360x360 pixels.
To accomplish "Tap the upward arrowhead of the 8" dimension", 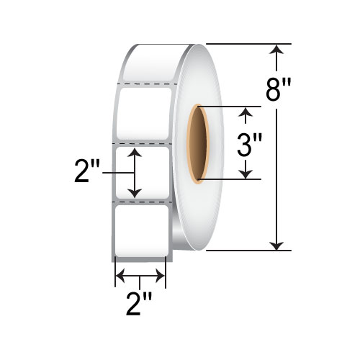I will (x=276, y=50).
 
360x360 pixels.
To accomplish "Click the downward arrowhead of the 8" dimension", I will (x=276, y=245).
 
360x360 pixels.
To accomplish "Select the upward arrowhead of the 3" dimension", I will (x=248, y=112).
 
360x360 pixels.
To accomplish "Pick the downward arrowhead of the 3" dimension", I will (x=248, y=173).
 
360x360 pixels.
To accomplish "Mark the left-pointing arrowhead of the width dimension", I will (x=121, y=275).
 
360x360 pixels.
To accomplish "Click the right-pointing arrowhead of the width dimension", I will (x=162, y=275).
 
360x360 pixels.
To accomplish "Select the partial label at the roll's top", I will (x=148, y=63).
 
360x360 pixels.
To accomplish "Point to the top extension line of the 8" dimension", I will (x=245, y=44).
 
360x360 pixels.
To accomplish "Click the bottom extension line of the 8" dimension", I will (x=245, y=251).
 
